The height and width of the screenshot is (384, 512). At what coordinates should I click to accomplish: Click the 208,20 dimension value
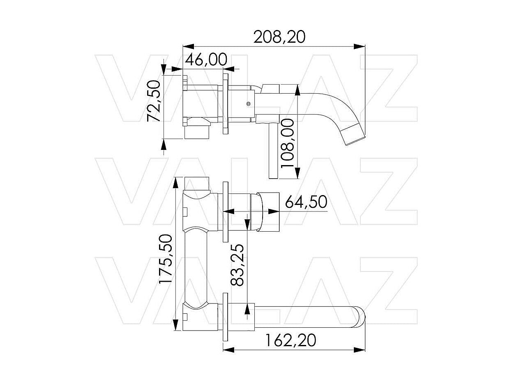tap(279, 37)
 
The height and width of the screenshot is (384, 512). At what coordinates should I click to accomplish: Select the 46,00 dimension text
tap(206, 60)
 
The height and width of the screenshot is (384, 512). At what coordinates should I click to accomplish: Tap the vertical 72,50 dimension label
tap(154, 101)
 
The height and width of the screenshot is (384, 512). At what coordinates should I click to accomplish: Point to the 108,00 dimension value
tap(287, 143)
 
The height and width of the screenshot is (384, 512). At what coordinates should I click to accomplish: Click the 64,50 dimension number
tap(306, 202)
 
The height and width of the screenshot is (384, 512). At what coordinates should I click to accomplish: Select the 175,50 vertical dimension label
tap(165, 259)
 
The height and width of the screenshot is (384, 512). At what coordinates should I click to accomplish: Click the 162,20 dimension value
tap(291, 340)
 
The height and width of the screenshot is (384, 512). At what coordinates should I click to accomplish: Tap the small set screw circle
tap(249, 104)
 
